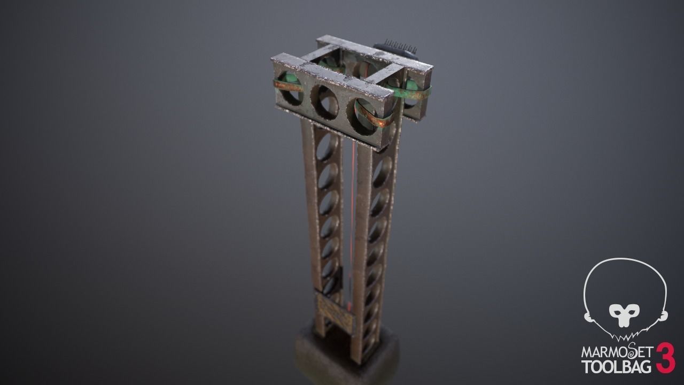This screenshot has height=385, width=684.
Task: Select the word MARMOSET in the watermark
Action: (617, 353)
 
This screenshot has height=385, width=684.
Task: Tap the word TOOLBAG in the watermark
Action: (617, 367)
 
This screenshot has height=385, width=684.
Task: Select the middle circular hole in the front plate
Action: (325, 101)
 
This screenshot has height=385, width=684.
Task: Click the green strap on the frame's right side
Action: (414, 91)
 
